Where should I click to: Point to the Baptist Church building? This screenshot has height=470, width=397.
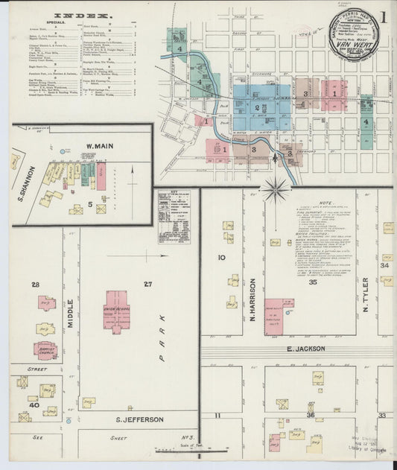(x=45, y=349)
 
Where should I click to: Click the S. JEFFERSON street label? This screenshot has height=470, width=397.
(x=139, y=420)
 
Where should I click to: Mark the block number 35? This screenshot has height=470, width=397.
(x=313, y=283)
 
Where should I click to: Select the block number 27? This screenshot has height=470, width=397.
(x=147, y=284)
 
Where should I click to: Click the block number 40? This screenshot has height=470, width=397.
(x=34, y=406)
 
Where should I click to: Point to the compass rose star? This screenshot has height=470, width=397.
(x=276, y=189)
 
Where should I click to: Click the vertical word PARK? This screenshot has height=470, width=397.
(x=161, y=337)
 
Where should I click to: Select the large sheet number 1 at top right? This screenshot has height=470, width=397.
(x=383, y=16)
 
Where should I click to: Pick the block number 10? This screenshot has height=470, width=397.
(x=221, y=258)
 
